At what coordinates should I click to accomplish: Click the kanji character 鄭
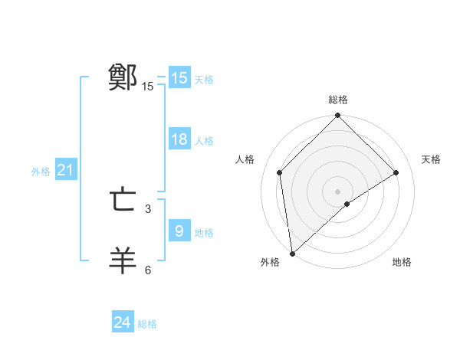(x=123, y=77)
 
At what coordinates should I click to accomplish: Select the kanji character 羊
(x=123, y=260)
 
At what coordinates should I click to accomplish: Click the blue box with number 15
(x=179, y=78)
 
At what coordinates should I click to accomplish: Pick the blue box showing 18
(x=179, y=139)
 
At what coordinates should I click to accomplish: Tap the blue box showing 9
(x=179, y=231)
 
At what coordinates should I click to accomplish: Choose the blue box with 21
(x=65, y=170)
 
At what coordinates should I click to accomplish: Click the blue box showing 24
(x=123, y=322)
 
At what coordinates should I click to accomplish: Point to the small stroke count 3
(x=148, y=208)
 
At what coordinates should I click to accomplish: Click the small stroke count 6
(x=148, y=270)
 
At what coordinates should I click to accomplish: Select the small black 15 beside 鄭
(x=148, y=87)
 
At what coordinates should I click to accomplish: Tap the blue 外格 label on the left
(x=41, y=172)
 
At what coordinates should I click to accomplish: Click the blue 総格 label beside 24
(x=147, y=324)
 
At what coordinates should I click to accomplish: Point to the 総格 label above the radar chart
(x=338, y=100)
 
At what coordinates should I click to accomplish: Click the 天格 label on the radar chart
(x=431, y=159)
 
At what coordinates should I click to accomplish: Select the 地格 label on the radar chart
(x=402, y=262)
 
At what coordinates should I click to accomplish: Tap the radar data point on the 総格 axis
(x=338, y=116)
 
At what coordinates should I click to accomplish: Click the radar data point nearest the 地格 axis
(x=347, y=204)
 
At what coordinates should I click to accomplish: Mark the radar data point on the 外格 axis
(x=292, y=254)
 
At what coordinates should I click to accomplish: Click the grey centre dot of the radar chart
(x=338, y=191)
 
